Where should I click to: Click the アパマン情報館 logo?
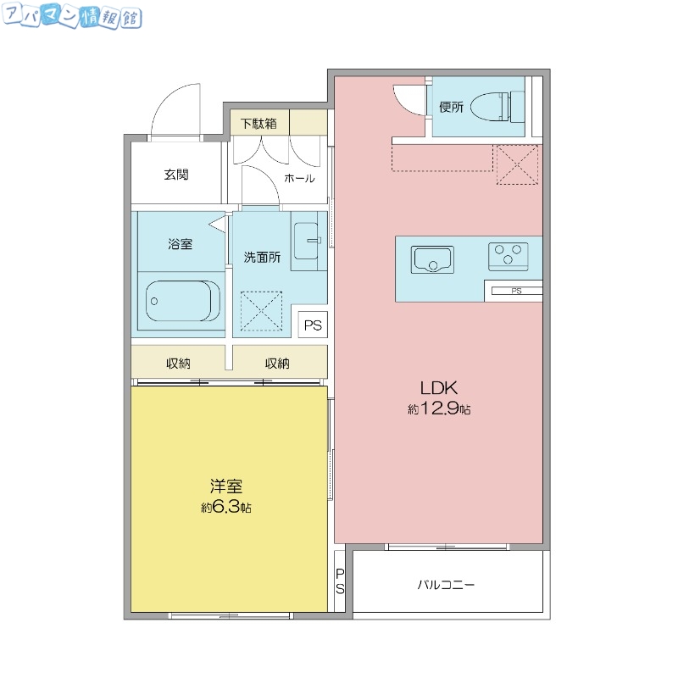[72, 18]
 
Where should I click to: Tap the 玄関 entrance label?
[176, 175]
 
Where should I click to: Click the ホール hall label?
[299, 178]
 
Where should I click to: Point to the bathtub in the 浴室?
[181, 298]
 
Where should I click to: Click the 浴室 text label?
[180, 244]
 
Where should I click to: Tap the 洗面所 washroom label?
[262, 257]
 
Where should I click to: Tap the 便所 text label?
[451, 107]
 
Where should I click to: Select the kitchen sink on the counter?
[432, 259]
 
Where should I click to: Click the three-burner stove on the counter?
[508, 254]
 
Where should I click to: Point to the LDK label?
[439, 388]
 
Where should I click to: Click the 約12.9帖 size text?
[439, 409]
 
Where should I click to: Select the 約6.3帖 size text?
[226, 508]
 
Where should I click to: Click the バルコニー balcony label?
[446, 585]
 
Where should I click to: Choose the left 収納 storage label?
[178, 364]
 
